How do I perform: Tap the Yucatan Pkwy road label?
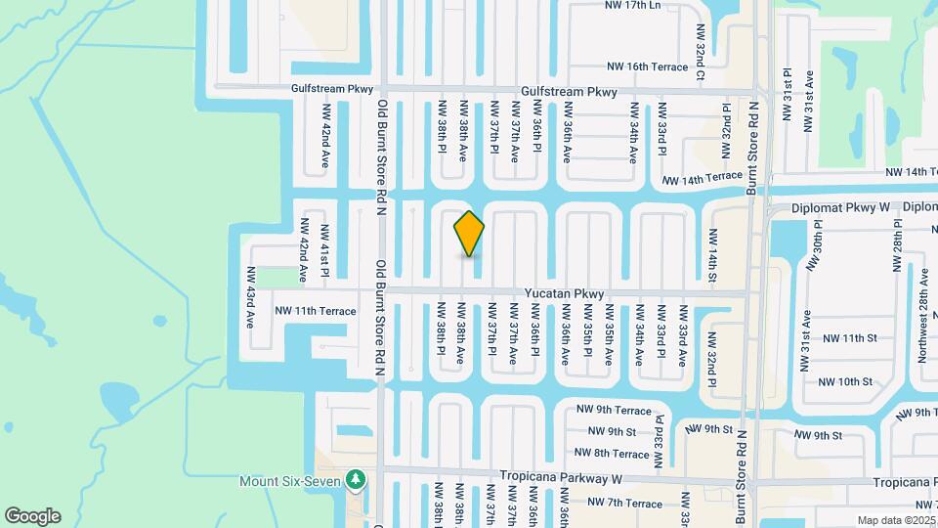point(565,293)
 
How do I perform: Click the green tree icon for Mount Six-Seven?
point(358,480)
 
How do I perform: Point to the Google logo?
point(32,515)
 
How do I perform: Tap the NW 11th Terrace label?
point(316,311)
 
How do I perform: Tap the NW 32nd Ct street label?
point(701,53)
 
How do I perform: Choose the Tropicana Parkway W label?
point(562,478)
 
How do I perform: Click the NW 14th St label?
point(713,258)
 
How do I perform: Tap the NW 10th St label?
point(846,382)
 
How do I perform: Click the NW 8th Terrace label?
point(613,454)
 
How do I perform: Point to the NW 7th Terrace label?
point(619,503)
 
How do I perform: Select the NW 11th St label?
point(850,338)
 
